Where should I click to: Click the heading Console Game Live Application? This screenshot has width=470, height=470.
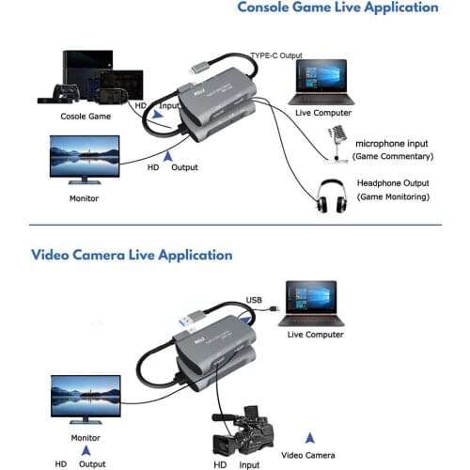click(x=337, y=8)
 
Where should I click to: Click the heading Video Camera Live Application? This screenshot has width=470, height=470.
click(x=132, y=254)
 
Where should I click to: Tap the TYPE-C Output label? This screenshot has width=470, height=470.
click(x=276, y=55)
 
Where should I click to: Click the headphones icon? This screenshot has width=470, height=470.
click(x=329, y=196)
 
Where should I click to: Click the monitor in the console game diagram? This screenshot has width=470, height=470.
click(x=84, y=160)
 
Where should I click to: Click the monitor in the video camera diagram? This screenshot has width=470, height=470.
click(x=85, y=399)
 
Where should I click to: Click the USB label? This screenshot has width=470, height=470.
click(x=255, y=301)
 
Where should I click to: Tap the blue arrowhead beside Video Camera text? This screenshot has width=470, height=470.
click(x=310, y=438)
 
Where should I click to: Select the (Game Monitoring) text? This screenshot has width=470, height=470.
click(x=393, y=197)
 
